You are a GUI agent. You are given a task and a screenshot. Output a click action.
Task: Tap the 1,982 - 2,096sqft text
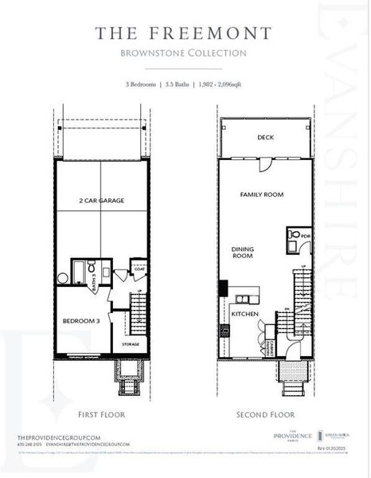[221, 84]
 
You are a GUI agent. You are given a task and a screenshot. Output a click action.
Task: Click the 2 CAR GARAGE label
[101, 201]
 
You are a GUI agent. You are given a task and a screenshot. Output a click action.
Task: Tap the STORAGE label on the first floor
[132, 344]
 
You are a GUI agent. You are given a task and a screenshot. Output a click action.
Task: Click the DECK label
[266, 137]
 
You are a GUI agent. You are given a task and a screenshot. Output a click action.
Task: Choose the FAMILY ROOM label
[262, 194]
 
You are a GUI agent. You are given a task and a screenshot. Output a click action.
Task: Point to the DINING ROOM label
[242, 253]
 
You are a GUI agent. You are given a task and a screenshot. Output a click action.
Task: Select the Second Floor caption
[266, 414]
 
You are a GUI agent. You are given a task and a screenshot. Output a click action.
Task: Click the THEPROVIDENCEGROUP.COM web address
[57, 438]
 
